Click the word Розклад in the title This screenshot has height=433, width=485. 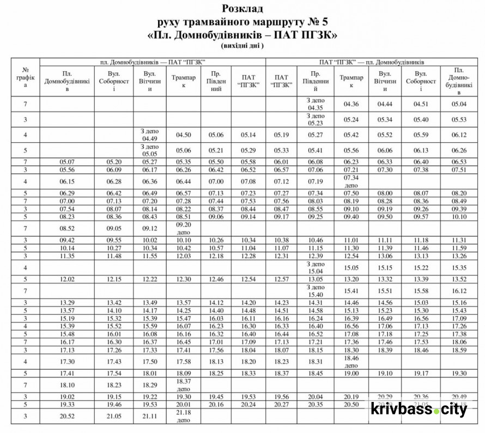pos(242,9)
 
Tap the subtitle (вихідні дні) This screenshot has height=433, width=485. pos(242,46)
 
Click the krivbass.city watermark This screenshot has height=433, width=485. pos(419,409)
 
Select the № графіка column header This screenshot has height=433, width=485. pos(25,78)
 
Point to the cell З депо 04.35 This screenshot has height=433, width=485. pos(316,103)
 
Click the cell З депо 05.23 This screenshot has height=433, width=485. pos(316,119)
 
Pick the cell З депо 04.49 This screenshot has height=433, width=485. pos(148,135)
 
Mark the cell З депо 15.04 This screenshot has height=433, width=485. pos(316,267)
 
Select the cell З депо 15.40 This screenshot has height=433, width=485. pos(316,291)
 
